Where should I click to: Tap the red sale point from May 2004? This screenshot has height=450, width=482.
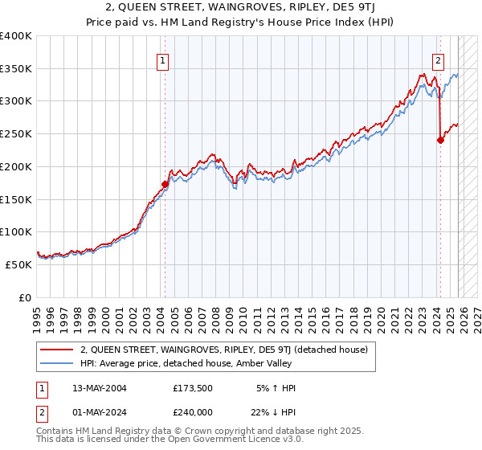click(165, 184)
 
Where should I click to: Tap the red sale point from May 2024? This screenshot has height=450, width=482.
click(440, 140)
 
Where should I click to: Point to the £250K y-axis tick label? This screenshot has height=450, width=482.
click(16, 134)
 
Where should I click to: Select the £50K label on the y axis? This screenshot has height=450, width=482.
click(19, 264)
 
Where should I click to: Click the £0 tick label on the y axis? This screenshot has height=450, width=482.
click(26, 297)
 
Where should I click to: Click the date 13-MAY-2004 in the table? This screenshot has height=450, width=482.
click(100, 388)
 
